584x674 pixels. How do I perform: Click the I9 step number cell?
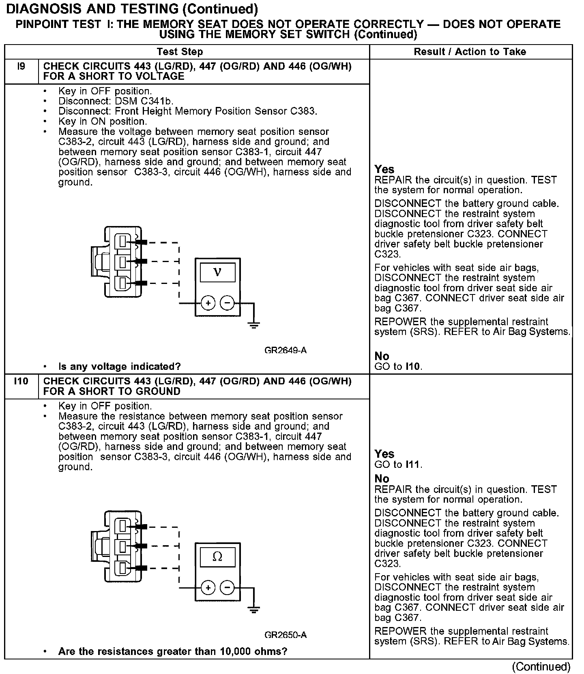[x=21, y=66]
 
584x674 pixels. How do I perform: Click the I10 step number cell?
[x=21, y=381]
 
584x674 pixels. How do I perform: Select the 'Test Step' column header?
[x=180, y=52]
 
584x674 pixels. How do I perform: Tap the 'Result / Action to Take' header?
[x=470, y=52]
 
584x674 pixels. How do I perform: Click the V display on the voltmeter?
[x=217, y=272]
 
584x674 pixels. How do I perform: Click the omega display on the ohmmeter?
[x=217, y=557]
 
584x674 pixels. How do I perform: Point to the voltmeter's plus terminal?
[x=208, y=303]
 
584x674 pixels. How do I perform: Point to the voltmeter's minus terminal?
[x=227, y=303]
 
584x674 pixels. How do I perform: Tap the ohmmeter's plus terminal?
[x=208, y=588]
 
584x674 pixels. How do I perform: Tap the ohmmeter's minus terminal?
[x=227, y=588]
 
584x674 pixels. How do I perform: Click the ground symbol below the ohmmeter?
[x=254, y=609]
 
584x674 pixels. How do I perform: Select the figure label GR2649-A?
[x=286, y=350]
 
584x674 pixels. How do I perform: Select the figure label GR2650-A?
[x=286, y=635]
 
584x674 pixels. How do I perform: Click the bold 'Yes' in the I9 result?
[x=384, y=169]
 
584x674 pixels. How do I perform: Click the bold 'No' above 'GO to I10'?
[x=382, y=356]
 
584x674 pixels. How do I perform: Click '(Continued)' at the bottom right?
[x=541, y=667]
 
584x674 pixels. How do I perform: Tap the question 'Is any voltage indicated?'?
[x=120, y=367]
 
